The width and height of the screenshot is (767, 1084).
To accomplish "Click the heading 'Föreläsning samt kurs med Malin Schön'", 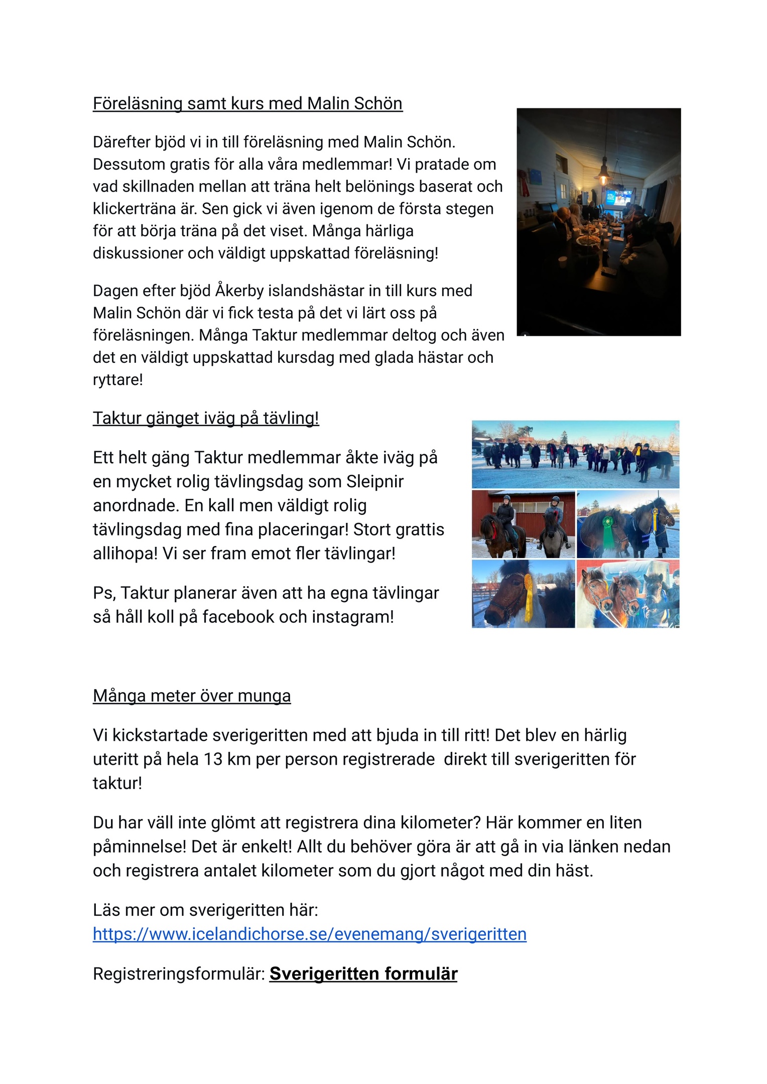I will coord(247,103).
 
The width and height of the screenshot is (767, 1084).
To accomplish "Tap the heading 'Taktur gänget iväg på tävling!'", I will coord(206,418).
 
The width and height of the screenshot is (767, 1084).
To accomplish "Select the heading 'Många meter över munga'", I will coord(192,696).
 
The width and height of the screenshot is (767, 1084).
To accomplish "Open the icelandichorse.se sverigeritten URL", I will coord(310,934).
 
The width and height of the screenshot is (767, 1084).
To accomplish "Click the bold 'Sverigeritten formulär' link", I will coord(363,974).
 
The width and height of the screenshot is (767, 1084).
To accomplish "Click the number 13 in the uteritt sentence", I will coord(213,759).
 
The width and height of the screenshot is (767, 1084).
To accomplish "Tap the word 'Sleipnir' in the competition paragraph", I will coord(375,482).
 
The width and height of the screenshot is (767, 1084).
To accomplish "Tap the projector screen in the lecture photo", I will coord(617,197).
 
